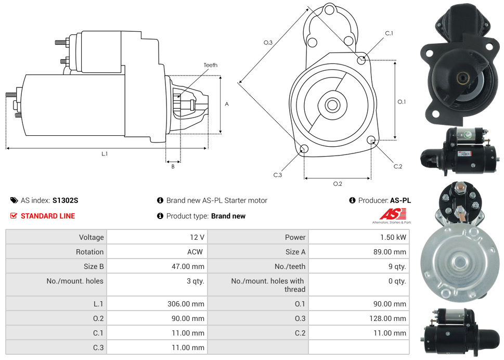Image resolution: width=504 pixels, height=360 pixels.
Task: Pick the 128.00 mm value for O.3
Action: tap(387, 318)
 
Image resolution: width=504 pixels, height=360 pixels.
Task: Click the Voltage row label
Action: tap(91, 237)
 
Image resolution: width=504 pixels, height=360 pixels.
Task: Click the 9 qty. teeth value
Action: tap(396, 266)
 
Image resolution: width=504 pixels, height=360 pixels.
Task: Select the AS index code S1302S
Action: tap(65, 200)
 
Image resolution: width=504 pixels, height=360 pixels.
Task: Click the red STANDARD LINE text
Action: tap(48, 216)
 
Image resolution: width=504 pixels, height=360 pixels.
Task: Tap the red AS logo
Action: tap(393, 214)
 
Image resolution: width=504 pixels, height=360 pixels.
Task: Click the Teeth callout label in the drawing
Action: tap(210, 65)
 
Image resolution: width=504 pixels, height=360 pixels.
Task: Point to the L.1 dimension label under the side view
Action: tap(105, 153)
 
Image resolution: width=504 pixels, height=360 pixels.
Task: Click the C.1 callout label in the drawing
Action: tap(389, 33)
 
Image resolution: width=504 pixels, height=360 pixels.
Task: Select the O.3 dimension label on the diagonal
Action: tap(268, 42)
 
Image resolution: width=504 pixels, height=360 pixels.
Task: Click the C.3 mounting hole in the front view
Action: tap(304, 150)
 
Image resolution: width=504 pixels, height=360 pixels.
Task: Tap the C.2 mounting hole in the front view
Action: tap(371, 140)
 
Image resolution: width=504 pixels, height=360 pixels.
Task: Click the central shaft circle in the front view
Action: tap(332, 105)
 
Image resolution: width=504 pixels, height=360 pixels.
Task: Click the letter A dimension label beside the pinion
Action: tap(227, 104)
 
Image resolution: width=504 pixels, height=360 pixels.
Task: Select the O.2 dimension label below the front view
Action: tap(337, 184)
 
